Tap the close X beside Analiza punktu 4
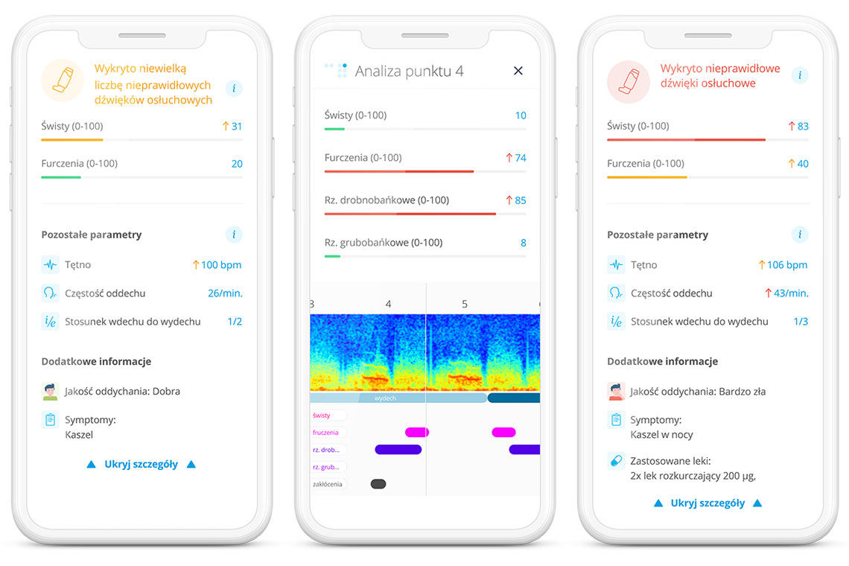click(518, 71)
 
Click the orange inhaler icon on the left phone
click(63, 80)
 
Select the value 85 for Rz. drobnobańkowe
click(520, 200)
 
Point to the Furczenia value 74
click(520, 158)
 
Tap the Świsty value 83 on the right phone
click(802, 127)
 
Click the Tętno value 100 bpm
click(221, 265)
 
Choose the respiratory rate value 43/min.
click(791, 293)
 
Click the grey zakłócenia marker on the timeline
click(378, 484)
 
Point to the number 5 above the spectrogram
click(465, 304)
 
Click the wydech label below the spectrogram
click(385, 398)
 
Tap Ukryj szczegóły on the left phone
click(141, 464)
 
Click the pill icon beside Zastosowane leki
click(616, 460)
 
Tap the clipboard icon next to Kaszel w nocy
click(616, 420)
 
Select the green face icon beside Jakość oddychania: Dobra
click(50, 391)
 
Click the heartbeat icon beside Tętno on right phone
click(616, 265)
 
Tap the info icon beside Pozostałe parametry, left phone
click(234, 235)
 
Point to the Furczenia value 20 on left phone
click(237, 164)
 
